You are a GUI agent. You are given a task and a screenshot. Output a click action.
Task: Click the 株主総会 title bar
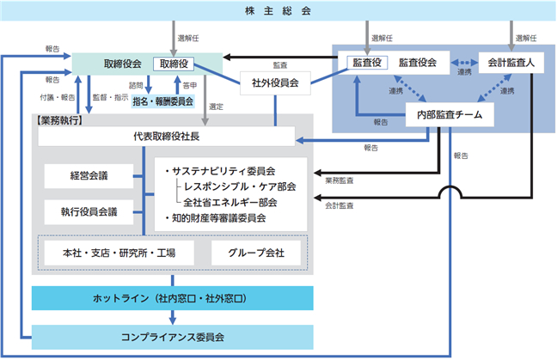click(x=278, y=10)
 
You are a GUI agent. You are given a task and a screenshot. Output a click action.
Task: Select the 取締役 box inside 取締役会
click(x=174, y=64)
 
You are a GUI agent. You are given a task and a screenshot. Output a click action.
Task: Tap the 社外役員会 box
click(x=275, y=83)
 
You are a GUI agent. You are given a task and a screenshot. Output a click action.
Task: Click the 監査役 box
click(x=367, y=63)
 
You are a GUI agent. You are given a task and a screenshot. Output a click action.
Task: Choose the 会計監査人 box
click(x=511, y=63)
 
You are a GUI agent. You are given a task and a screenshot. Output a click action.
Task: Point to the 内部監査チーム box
click(x=450, y=114)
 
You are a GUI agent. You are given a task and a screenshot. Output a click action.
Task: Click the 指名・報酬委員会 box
click(x=163, y=101)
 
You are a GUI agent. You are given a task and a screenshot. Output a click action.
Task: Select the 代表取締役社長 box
click(x=167, y=137)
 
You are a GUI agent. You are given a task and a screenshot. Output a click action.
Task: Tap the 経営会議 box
click(x=89, y=176)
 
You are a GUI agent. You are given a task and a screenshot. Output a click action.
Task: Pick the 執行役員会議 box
click(x=89, y=212)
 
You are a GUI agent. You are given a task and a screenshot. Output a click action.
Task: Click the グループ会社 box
click(x=256, y=253)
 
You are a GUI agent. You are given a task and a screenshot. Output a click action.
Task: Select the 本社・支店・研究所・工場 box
click(x=119, y=253)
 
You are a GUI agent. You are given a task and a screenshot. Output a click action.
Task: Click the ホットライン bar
click(x=173, y=298)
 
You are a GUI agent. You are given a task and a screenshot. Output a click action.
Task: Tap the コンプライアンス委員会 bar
click(x=173, y=337)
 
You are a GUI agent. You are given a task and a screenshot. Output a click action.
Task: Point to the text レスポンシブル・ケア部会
click(x=240, y=186)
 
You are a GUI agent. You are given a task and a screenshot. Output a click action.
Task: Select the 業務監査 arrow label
click(x=340, y=180)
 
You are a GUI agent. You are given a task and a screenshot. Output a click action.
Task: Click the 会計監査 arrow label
click(x=340, y=205)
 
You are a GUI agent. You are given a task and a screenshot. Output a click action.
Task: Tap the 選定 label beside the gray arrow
click(x=216, y=107)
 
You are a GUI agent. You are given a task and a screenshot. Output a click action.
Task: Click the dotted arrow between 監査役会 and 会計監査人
click(x=464, y=63)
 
